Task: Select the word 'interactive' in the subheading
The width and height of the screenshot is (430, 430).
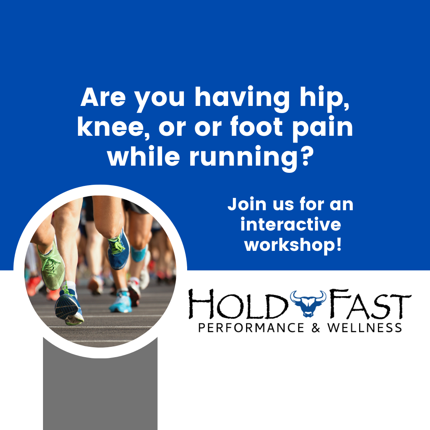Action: [291, 225]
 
